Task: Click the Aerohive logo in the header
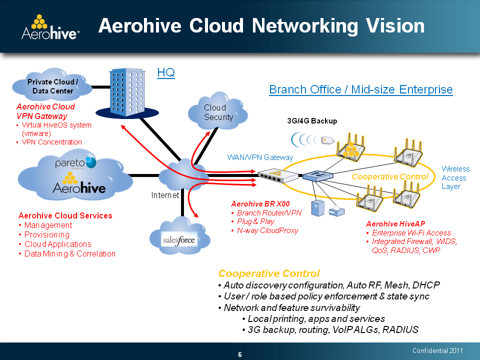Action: (50, 27)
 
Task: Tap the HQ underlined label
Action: (166, 73)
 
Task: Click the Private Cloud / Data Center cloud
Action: (52, 86)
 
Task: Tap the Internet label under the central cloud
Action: (165, 195)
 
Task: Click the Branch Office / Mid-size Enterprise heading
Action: (360, 90)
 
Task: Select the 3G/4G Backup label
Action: (312, 121)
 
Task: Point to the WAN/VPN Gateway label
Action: (260, 157)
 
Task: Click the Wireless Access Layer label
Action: (455, 178)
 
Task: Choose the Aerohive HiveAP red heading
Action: (395, 223)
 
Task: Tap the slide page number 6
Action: (240, 355)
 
